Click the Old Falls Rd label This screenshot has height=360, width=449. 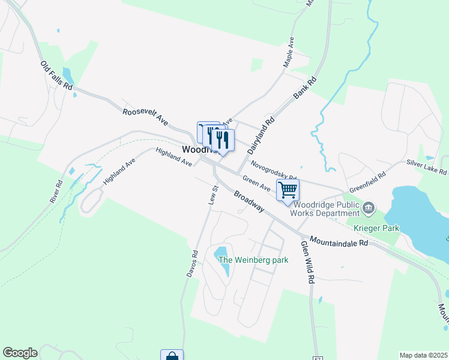(57, 76)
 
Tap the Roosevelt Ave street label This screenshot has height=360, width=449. (145, 116)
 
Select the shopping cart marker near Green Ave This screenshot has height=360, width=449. (288, 190)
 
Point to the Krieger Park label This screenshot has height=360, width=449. (376, 228)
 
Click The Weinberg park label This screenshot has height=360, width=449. (253, 260)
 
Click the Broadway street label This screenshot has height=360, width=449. (249, 201)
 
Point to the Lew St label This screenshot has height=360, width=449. (212, 196)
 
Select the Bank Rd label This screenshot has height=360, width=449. (304, 88)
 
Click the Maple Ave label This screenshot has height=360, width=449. (289, 52)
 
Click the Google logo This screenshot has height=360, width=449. (20, 353)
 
